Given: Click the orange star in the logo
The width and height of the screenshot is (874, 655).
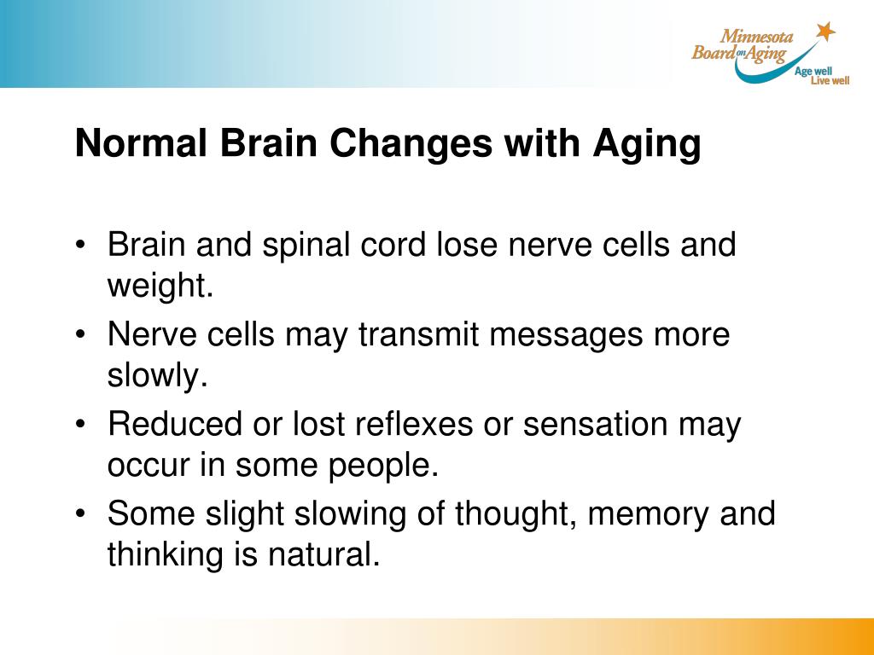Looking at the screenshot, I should point(824,32).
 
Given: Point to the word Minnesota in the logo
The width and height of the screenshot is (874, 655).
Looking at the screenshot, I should point(757,37).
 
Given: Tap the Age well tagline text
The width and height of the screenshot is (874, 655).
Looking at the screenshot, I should point(813,72).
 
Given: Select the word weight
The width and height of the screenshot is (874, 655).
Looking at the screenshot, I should point(159,287).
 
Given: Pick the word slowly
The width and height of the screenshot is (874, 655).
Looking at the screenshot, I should point(157,376).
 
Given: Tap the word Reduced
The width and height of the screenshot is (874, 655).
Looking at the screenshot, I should point(174,425).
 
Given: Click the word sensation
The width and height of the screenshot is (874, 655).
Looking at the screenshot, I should point(595,425).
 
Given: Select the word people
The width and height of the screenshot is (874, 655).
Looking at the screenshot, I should point(388,466).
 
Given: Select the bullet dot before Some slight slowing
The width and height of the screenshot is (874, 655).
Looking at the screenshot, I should point(80,514).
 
